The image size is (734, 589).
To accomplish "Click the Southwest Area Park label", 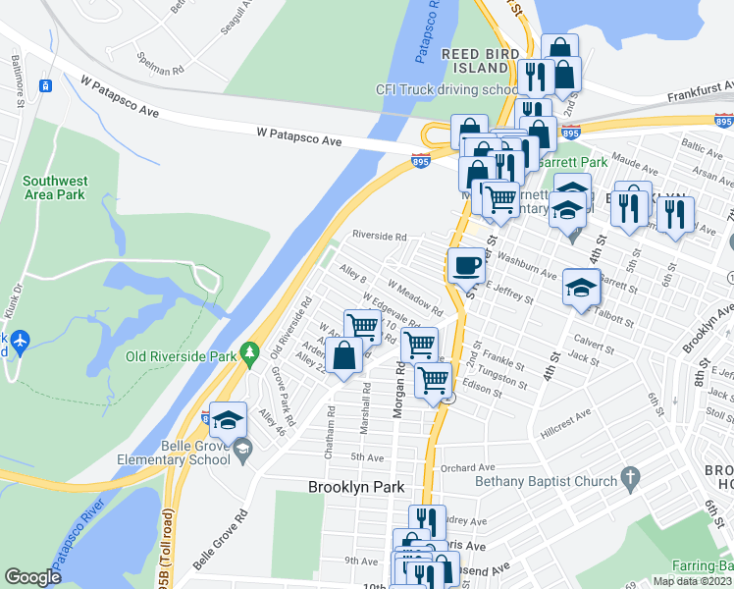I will (57, 187).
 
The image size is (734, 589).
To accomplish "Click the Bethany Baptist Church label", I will (545, 480).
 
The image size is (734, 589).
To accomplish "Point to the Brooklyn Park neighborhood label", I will (355, 487).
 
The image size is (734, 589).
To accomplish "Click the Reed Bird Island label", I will (475, 61).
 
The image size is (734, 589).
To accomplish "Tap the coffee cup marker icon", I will (466, 265).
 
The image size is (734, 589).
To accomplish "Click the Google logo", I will (33, 577).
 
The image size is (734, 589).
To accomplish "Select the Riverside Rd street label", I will (380, 237).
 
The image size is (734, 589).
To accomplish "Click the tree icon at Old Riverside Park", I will (251, 351).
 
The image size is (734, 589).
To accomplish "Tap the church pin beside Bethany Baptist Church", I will (631, 479).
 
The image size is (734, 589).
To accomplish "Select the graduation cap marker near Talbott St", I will (580, 289).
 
